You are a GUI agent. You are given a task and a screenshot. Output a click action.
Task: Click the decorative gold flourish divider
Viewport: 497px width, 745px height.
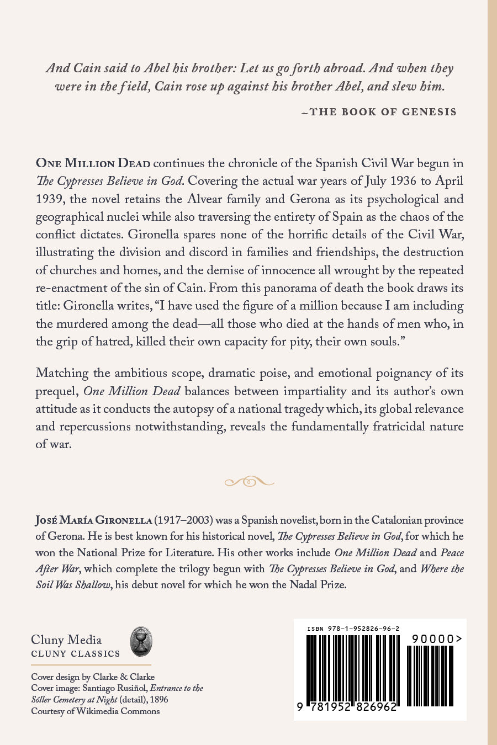coord(248,482)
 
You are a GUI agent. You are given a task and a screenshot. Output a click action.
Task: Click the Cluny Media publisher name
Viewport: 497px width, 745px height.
coord(66,640)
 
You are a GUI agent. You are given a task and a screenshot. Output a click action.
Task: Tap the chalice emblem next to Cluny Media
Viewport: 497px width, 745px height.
coord(141,641)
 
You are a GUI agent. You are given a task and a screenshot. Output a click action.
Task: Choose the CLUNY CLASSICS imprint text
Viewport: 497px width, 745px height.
coord(76,654)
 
